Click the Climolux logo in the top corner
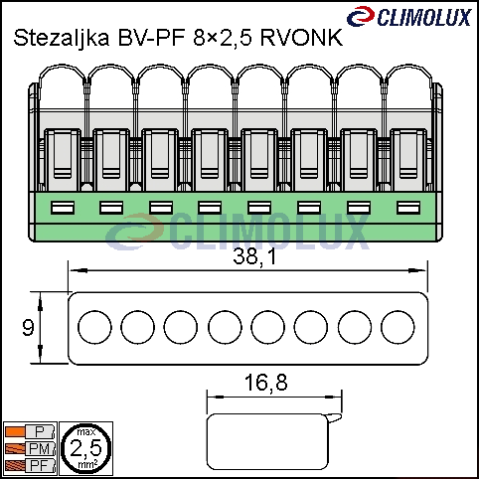409,16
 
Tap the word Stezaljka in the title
62,38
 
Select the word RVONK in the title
301,38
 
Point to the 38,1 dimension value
254,256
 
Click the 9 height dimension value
28,328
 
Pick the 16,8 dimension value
266,383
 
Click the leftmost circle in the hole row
94,327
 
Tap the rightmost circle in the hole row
398,327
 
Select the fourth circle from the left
225,327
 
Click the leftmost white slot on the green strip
63,208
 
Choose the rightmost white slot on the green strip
408,208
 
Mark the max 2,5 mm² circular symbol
86,448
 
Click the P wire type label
40,432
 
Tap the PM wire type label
40,449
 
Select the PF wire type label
40,465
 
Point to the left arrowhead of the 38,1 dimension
79,270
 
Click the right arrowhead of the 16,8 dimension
333,397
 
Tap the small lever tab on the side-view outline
335,418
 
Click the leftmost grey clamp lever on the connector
63,160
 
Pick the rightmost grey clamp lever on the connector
408,160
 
